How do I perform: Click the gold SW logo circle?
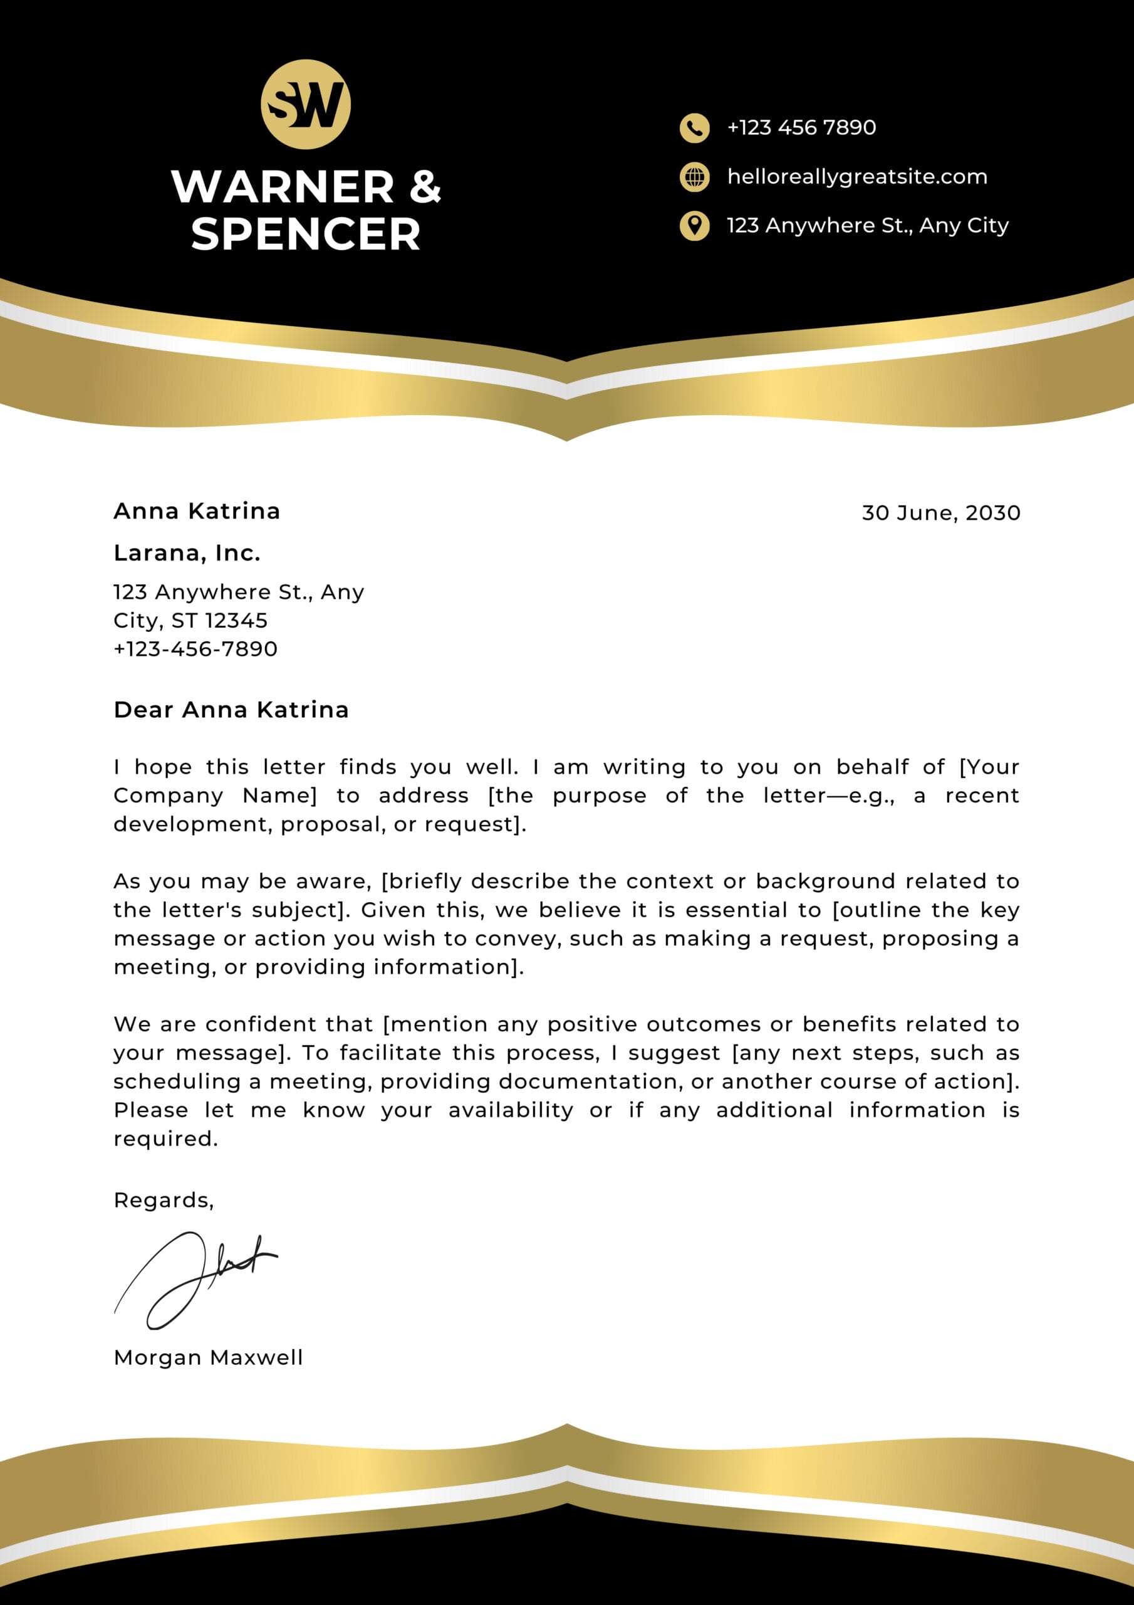(305, 104)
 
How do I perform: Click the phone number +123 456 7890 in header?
(801, 128)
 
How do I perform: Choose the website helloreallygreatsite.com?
(857, 177)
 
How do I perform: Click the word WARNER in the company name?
(283, 187)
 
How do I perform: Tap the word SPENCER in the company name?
(305, 234)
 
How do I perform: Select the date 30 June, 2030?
(940, 513)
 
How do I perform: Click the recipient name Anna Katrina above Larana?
(196, 511)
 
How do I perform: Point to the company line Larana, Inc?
(187, 553)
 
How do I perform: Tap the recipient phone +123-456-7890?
(195, 649)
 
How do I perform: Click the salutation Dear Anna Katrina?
(231, 710)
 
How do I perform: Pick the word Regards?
(163, 1200)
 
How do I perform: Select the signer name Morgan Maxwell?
(208, 1357)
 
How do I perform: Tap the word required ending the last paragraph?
(165, 1139)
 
